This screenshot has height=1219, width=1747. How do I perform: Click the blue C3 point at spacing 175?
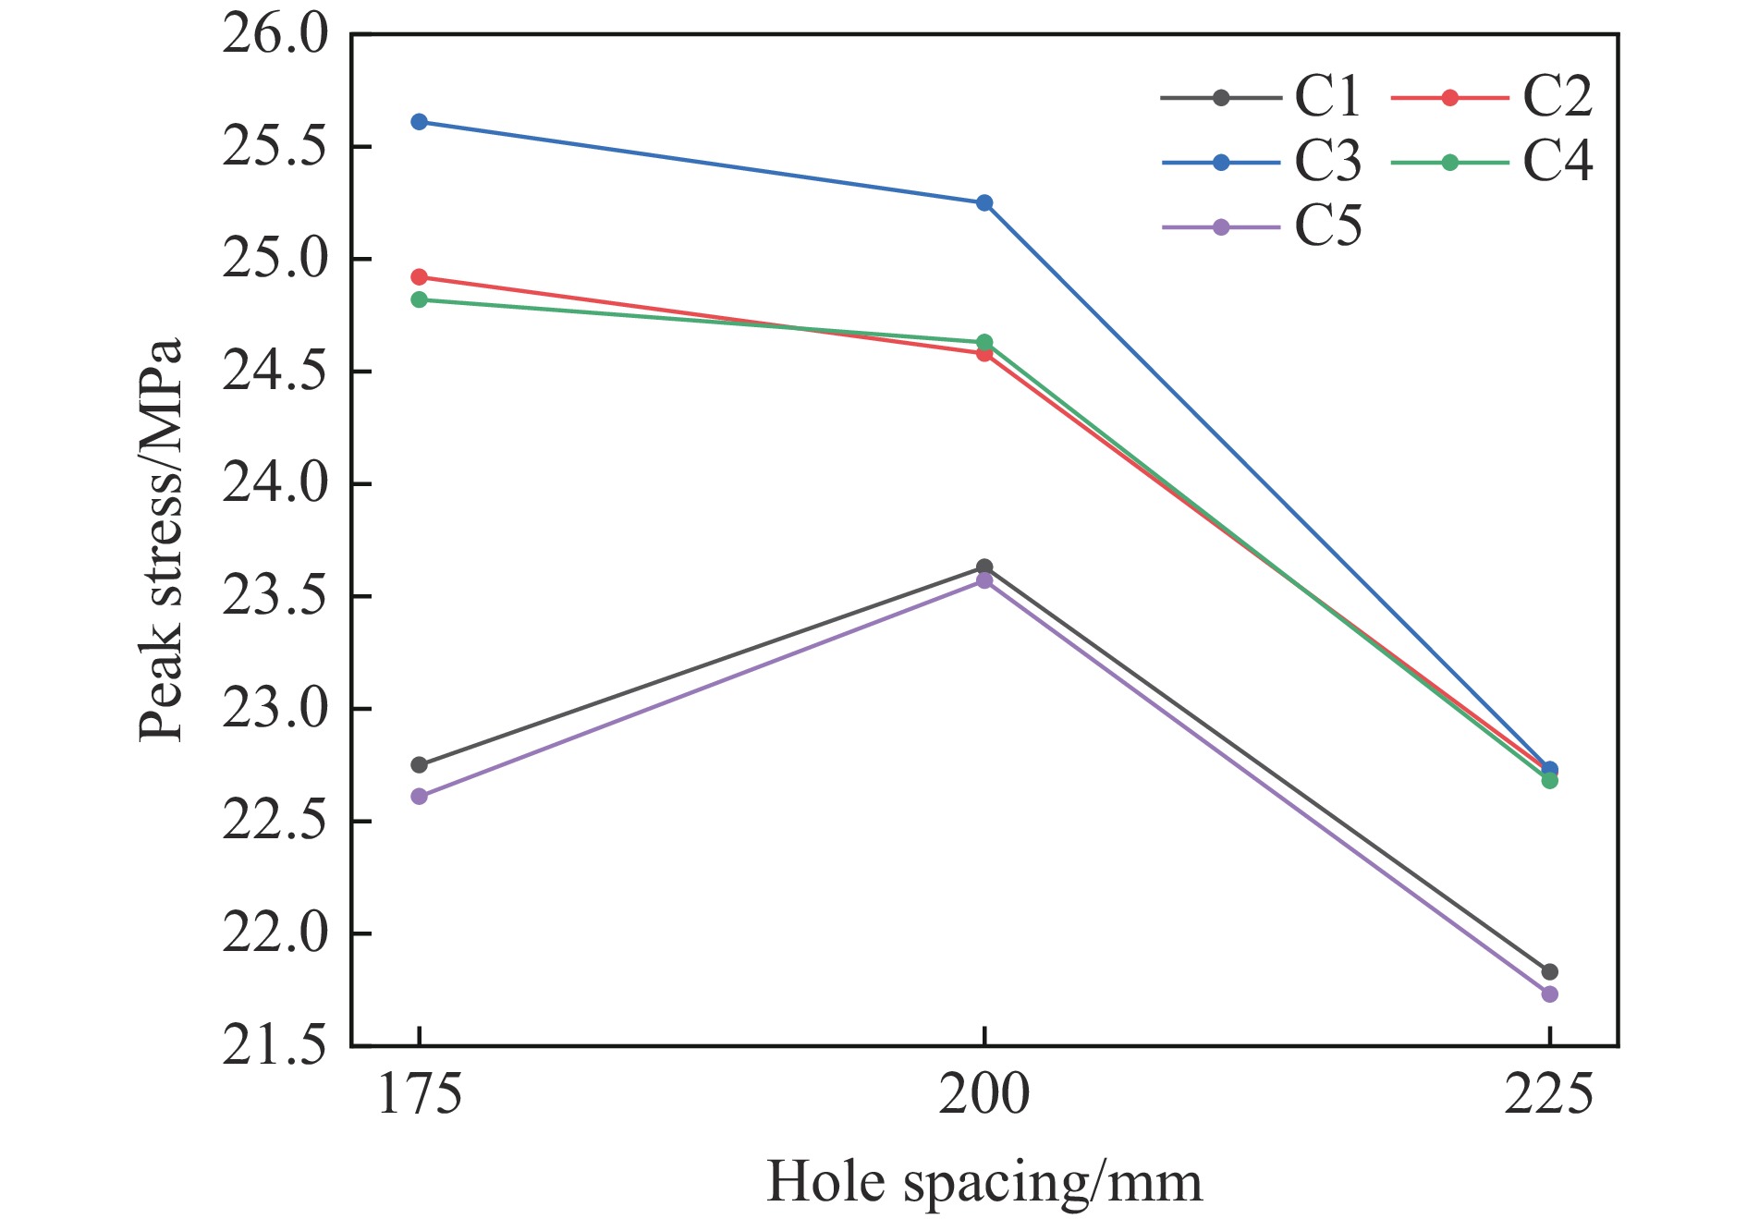(419, 122)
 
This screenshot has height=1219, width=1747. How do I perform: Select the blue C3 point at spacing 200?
(984, 202)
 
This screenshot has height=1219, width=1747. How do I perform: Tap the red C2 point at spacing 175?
(419, 277)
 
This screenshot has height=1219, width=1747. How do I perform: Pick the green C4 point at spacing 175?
(419, 299)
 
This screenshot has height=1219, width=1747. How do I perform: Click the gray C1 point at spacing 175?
(419, 764)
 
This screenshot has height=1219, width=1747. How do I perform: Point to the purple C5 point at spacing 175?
(419, 796)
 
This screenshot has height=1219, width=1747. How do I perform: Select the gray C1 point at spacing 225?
(1549, 971)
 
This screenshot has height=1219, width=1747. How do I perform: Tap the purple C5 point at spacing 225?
(1549, 993)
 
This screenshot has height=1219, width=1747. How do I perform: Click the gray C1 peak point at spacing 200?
(984, 567)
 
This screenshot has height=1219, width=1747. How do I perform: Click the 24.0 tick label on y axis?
(275, 484)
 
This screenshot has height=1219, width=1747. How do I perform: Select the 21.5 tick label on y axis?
(275, 1046)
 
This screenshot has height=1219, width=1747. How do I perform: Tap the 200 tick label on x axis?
(983, 1096)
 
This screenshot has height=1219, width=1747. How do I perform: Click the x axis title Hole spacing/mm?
(984, 1182)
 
